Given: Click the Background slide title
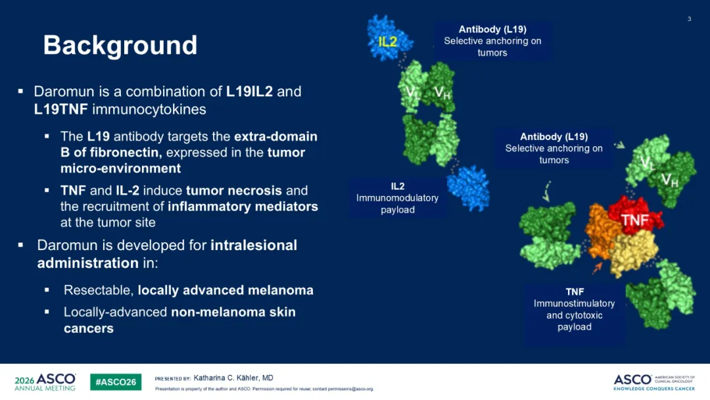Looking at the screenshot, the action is pyautogui.click(x=120, y=45).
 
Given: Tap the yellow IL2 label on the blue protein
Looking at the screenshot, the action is pyautogui.click(x=388, y=41).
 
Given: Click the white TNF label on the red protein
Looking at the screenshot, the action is pyautogui.click(x=635, y=220).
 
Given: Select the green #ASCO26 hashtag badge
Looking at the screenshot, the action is pyautogui.click(x=116, y=382).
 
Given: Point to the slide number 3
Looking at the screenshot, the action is pyautogui.click(x=689, y=19).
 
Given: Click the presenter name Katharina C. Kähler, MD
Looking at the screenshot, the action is pyautogui.click(x=233, y=378).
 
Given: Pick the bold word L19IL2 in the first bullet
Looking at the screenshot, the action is pyautogui.click(x=250, y=91).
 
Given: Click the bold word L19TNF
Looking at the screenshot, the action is pyautogui.click(x=60, y=109).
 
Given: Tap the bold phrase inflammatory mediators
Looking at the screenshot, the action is pyautogui.click(x=243, y=207).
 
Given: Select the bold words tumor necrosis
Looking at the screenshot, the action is pyautogui.click(x=233, y=190).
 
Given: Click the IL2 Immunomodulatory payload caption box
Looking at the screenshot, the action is pyautogui.click(x=397, y=198).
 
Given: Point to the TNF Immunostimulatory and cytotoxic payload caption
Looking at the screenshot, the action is pyautogui.click(x=574, y=309).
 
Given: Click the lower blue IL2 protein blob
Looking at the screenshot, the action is pyautogui.click(x=468, y=188).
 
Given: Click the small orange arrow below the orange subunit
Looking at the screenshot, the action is pyautogui.click(x=598, y=267).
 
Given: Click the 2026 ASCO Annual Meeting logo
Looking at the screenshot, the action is pyautogui.click(x=45, y=382).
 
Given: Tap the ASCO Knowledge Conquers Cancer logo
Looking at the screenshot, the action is pyautogui.click(x=654, y=382).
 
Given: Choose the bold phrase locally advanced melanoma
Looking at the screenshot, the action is pyautogui.click(x=225, y=290).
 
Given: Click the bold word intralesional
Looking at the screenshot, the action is pyautogui.click(x=254, y=245).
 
